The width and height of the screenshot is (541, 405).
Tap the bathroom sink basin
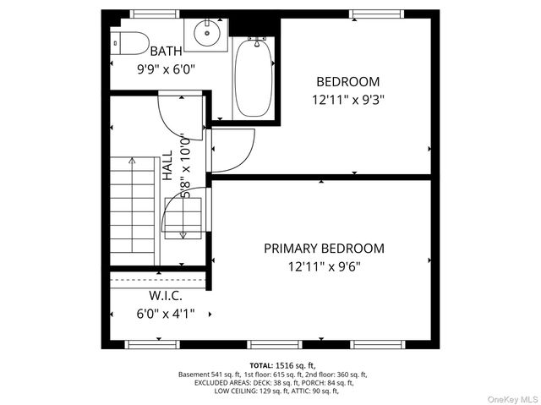[x=206, y=34]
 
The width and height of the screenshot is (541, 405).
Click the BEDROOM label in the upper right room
[x=347, y=82]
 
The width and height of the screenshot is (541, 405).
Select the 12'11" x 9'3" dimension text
[x=347, y=99]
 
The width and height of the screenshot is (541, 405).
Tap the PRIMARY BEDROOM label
[x=324, y=249]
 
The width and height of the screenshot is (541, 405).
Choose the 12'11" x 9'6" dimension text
[x=324, y=265]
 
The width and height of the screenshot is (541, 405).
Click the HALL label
[x=167, y=166]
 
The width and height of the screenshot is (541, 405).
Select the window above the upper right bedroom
[x=374, y=14]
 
